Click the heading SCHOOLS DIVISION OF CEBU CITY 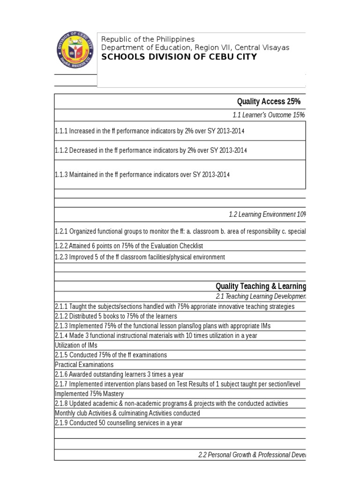pos(179,57)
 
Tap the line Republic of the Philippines pos(148,39)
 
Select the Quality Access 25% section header pos(269,102)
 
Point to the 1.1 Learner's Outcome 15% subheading pos(269,115)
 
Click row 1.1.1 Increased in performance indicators pos(150,131)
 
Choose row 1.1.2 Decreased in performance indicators pos(150,150)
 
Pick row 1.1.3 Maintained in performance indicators pos(142,174)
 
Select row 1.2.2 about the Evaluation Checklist pos(129,246)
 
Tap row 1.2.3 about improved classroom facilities pos(140,257)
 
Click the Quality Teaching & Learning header pos(261,286)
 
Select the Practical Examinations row pos(84,365)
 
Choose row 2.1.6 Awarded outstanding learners pos(119,374)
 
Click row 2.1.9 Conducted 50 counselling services pos(119,423)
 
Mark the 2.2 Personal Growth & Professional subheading pos(252,455)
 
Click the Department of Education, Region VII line pos(195,48)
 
